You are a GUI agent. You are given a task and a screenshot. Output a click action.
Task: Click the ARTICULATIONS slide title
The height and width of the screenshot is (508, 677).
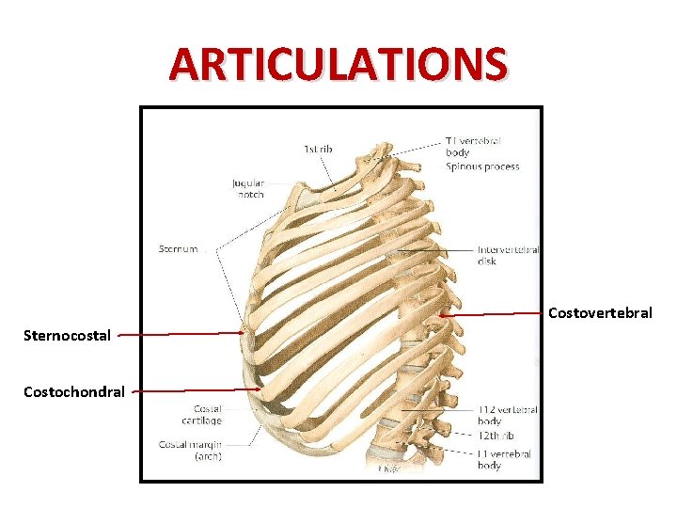338,64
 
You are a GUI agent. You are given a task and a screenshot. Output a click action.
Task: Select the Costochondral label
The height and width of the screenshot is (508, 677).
74,391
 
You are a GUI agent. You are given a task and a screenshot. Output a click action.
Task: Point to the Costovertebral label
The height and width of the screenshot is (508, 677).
599,312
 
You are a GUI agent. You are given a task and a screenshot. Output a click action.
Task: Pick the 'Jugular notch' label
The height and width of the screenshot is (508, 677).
248,189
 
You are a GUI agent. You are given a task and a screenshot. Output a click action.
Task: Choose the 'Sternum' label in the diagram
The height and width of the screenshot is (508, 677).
177,249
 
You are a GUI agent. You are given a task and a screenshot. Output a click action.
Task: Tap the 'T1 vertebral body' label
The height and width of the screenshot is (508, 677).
473,146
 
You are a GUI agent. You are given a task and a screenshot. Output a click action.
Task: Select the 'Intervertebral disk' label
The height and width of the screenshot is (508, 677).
508,255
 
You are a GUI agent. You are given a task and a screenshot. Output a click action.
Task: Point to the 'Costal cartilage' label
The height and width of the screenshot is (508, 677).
208,415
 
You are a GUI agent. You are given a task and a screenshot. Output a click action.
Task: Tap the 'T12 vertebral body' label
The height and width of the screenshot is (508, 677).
508,415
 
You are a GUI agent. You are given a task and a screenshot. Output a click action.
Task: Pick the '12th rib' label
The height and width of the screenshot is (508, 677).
496,436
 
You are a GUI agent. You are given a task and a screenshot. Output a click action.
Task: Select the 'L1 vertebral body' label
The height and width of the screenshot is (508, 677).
504,459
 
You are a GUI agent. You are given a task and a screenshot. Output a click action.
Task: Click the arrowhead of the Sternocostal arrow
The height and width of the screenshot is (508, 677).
245,332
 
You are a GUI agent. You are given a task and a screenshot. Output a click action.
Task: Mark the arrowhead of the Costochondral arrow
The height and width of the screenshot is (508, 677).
260,389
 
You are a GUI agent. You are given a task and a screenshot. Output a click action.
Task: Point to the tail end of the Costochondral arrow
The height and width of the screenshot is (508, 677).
132,390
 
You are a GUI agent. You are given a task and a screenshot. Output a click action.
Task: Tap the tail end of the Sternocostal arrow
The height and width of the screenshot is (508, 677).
120,334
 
